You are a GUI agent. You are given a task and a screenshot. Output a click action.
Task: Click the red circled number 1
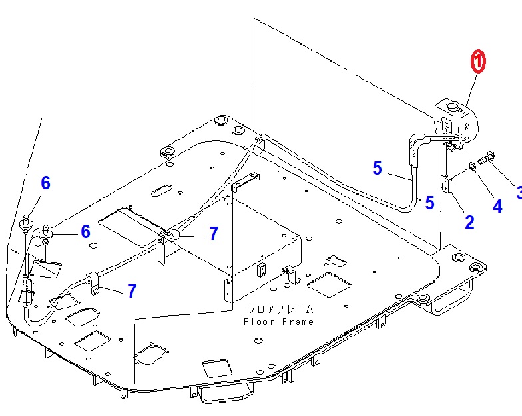click(478, 61)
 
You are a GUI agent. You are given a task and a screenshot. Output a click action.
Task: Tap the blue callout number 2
click(469, 222)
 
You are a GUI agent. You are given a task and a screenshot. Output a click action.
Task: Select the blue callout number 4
click(497, 206)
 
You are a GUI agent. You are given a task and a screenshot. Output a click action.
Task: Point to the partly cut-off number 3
click(519, 193)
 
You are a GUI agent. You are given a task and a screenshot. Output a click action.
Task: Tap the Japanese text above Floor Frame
click(280, 310)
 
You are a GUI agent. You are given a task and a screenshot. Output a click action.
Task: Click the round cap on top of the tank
click(453, 107)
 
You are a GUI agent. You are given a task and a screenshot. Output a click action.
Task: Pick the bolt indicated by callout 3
click(486, 158)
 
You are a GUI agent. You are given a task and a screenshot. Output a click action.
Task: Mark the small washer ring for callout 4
click(471, 166)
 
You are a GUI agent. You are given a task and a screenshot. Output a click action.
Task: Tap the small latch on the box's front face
click(262, 270)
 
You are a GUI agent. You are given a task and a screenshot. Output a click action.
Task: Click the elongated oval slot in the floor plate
click(162, 191)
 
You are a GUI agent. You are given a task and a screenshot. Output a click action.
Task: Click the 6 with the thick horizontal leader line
click(85, 231)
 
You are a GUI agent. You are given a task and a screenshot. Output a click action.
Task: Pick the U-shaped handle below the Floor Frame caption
click(227, 393)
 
